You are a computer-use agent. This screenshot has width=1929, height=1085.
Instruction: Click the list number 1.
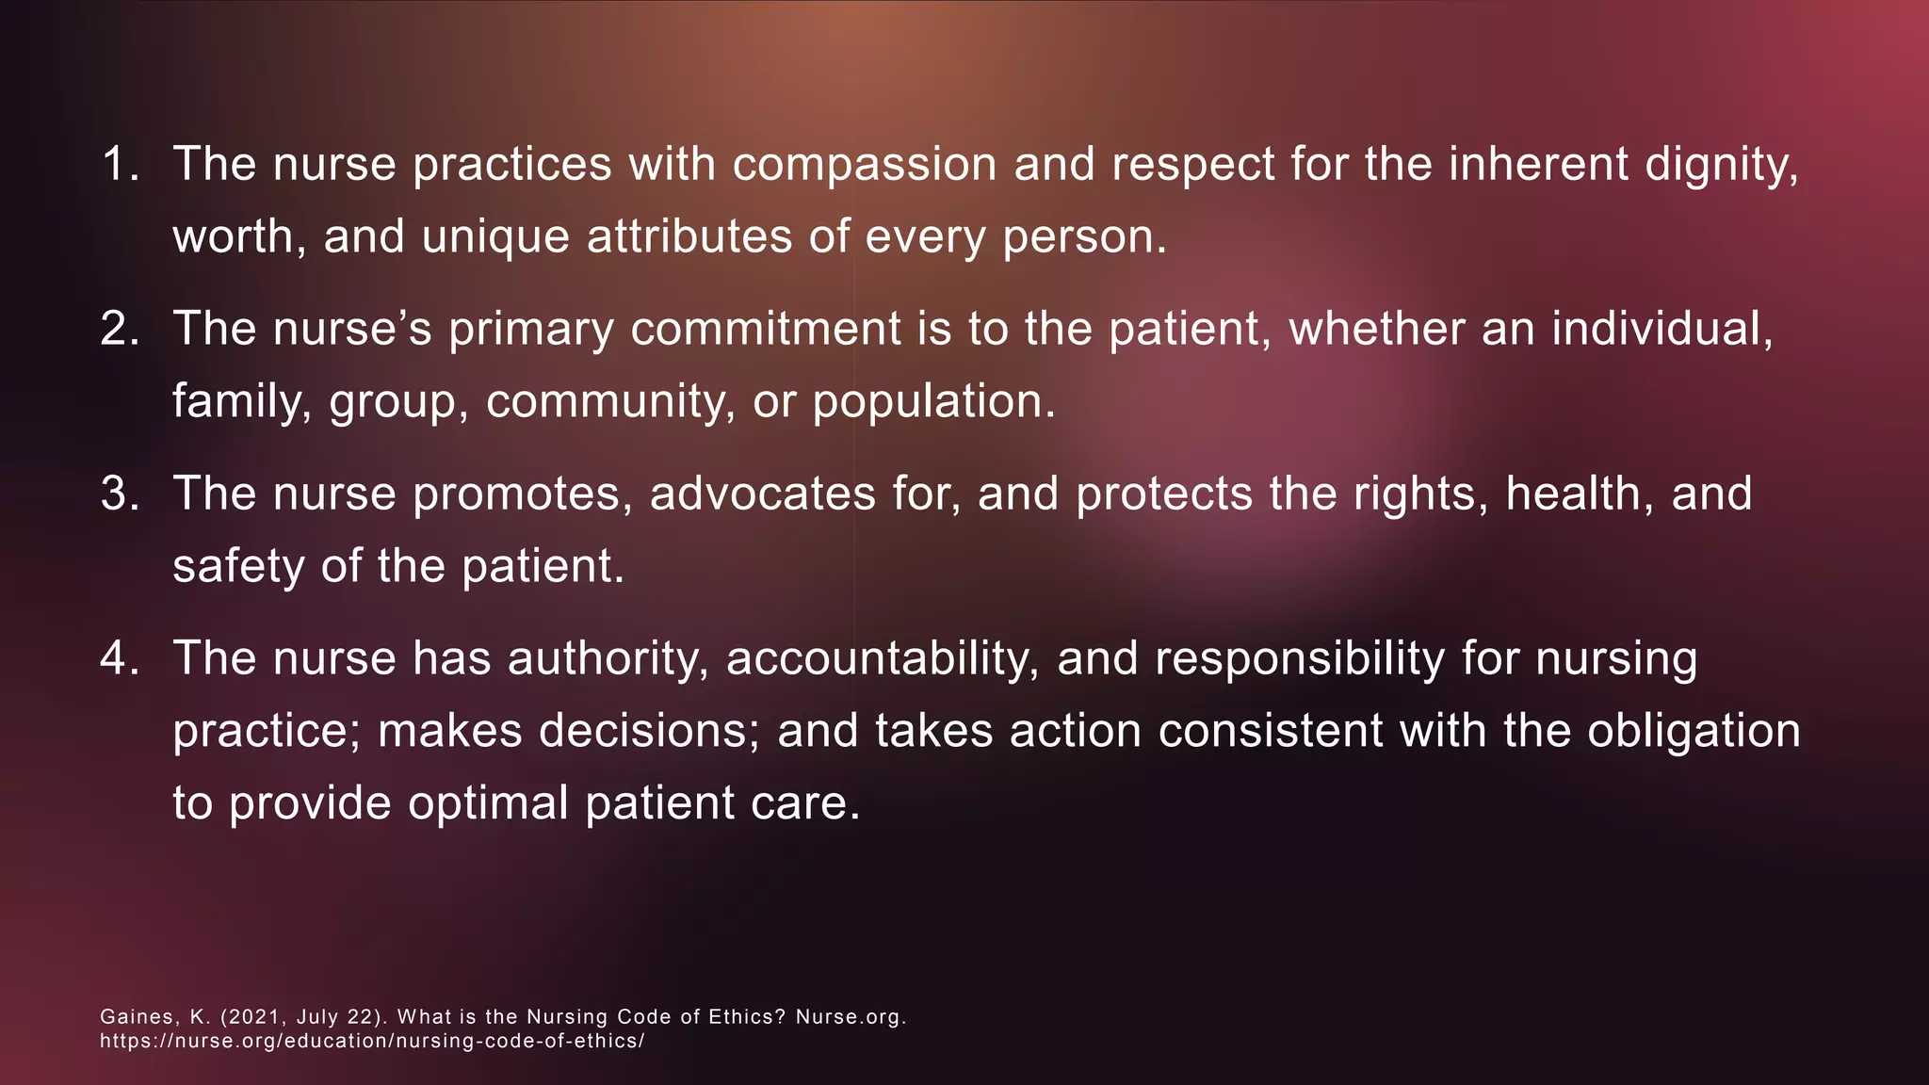(117, 164)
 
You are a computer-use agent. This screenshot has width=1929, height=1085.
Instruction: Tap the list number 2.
(119, 329)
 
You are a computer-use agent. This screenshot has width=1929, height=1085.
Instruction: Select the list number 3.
(119, 494)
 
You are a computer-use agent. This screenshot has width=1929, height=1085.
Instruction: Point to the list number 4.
(119, 657)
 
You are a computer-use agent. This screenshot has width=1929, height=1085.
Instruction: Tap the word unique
(495, 236)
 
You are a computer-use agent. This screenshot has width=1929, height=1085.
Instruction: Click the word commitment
(766, 330)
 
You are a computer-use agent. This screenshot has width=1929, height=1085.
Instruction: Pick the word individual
(1662, 330)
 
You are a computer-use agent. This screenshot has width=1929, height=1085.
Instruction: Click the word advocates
(762, 494)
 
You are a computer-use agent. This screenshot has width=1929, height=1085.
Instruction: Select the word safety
(238, 567)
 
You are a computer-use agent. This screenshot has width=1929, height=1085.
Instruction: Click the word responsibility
(1299, 659)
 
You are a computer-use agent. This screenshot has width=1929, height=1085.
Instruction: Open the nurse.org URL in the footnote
(372, 1042)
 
